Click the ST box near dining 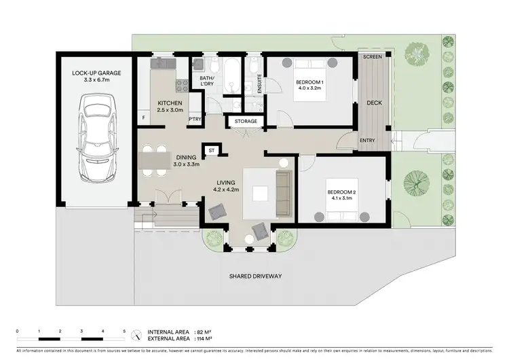pos(211,149)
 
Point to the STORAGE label pos(246,122)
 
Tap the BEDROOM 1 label pos(310,84)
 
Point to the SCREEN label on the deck pos(373,56)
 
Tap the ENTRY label pos(367,141)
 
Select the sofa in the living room pos(282,194)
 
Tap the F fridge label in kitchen pos(143,118)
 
